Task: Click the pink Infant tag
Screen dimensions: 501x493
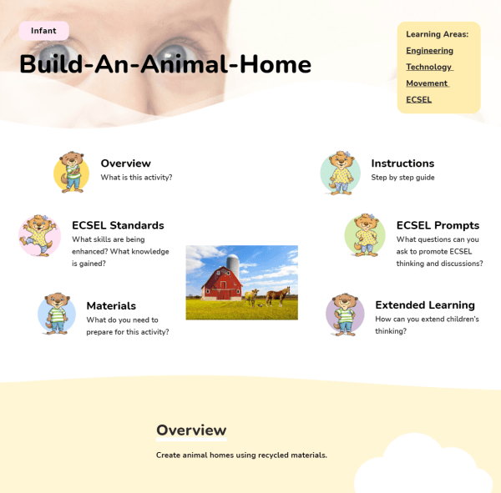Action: click(x=43, y=31)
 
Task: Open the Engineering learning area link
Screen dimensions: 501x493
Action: click(x=429, y=51)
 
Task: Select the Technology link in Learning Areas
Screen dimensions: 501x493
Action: click(x=429, y=67)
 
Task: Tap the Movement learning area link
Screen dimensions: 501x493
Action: click(x=427, y=83)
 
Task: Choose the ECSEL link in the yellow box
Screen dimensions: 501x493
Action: click(x=418, y=99)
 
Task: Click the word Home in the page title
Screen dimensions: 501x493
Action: click(x=276, y=64)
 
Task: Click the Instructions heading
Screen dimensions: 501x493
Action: click(x=402, y=163)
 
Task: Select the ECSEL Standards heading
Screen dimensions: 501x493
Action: click(x=118, y=225)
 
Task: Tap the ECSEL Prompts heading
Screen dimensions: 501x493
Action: click(x=438, y=225)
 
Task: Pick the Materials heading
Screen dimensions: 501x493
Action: click(x=111, y=306)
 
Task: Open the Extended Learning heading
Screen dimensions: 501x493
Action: click(x=425, y=305)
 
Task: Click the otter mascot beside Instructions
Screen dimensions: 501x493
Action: click(x=341, y=173)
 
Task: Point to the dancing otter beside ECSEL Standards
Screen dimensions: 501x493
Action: click(x=39, y=235)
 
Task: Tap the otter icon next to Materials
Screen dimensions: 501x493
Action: click(x=57, y=314)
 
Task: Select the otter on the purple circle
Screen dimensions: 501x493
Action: click(x=345, y=314)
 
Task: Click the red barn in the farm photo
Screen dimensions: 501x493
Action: click(x=222, y=284)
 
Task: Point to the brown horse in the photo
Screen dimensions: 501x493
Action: click(x=278, y=296)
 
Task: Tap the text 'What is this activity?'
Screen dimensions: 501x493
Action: click(x=136, y=178)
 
